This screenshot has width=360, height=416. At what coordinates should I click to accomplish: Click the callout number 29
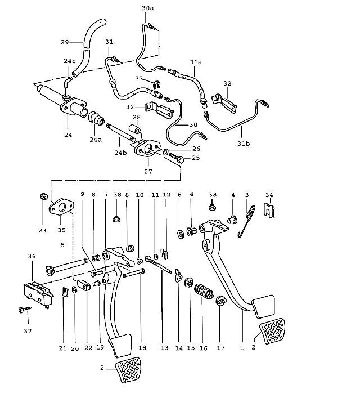(64, 42)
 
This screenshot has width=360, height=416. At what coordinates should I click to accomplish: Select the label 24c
(69, 61)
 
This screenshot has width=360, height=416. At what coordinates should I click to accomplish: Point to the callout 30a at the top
(147, 8)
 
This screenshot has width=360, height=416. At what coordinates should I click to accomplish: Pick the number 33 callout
(139, 78)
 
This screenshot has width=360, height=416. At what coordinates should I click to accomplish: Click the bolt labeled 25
(181, 159)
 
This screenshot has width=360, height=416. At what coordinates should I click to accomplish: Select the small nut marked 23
(43, 196)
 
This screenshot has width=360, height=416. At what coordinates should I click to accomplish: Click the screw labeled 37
(24, 309)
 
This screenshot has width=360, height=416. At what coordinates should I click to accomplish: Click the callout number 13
(164, 348)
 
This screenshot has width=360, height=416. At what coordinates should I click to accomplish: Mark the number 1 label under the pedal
(242, 348)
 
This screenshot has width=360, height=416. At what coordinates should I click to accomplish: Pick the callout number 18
(142, 348)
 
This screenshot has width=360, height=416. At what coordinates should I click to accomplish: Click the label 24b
(120, 152)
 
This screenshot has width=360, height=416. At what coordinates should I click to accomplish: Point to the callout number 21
(62, 348)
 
